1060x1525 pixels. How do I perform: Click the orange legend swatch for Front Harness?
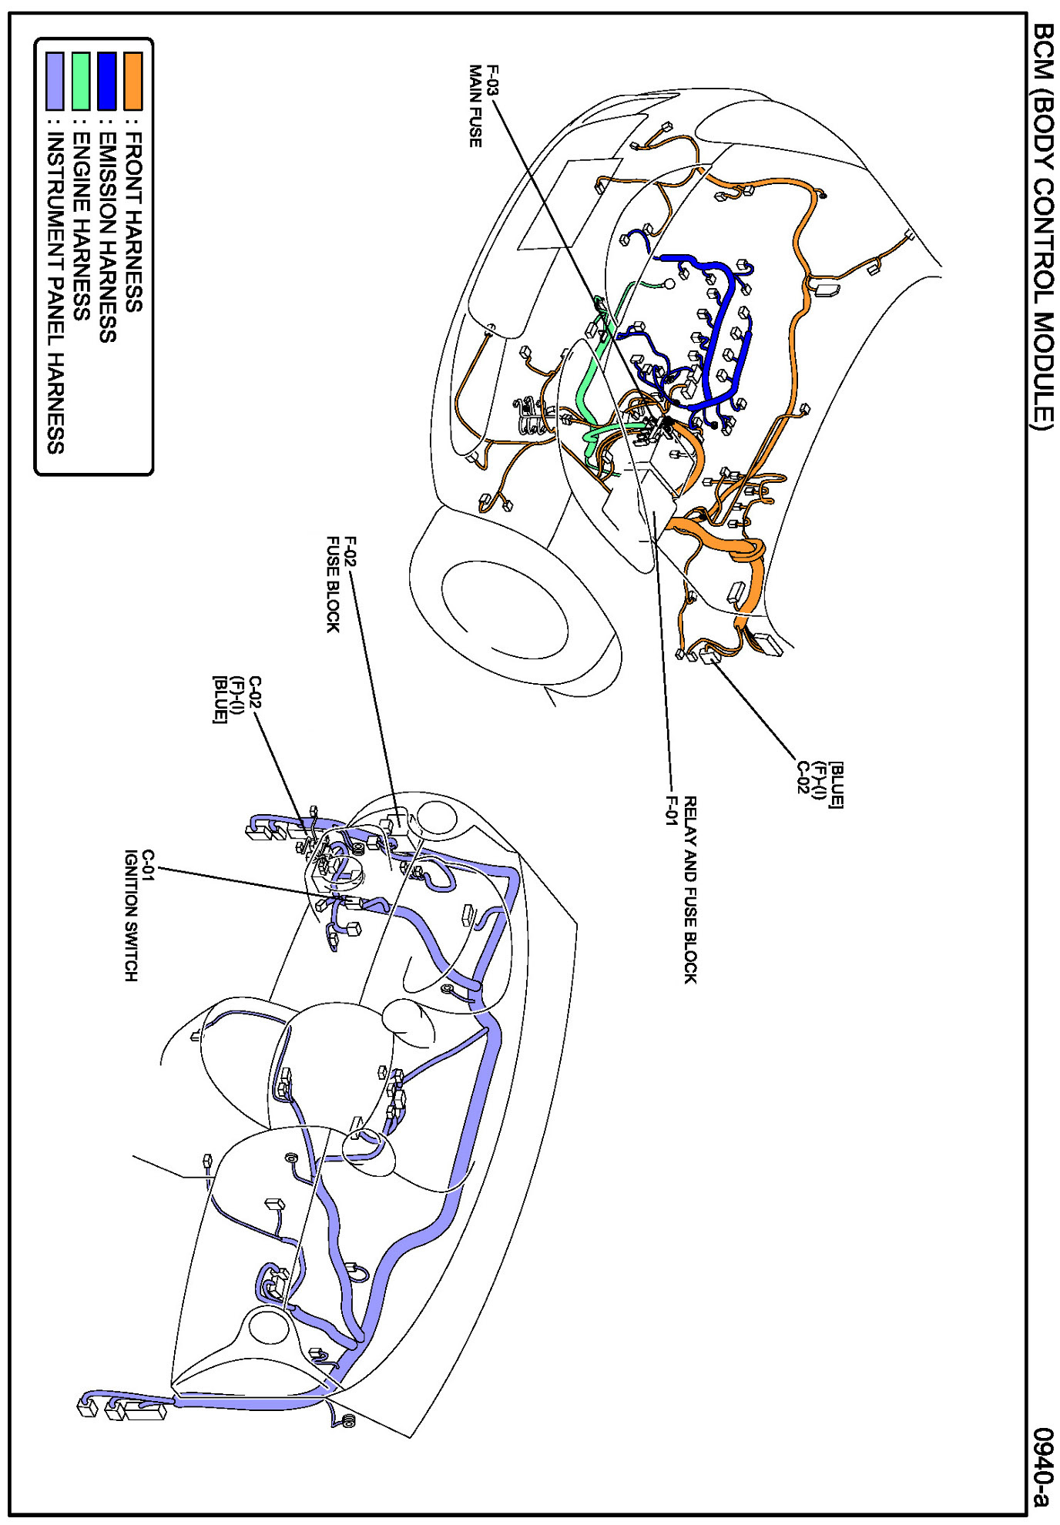coord(132,80)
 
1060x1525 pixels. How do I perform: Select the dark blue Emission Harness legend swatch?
coord(107,80)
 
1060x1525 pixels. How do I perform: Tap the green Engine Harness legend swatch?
coord(81,80)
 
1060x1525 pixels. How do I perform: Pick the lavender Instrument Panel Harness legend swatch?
coord(55,80)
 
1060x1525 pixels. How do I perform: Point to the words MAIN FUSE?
coord(475,106)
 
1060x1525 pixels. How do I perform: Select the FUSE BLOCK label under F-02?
coord(333,585)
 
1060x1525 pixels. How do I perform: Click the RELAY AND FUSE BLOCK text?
coord(690,890)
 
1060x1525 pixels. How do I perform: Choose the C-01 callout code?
coord(149,864)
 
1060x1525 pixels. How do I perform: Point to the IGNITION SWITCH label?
coord(131,915)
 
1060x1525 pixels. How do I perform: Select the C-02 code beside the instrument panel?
coord(255,692)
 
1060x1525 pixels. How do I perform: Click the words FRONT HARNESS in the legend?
coord(133,222)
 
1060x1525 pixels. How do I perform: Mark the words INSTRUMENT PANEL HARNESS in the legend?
coord(55,293)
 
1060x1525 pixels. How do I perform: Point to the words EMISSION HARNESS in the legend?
coord(108,237)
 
